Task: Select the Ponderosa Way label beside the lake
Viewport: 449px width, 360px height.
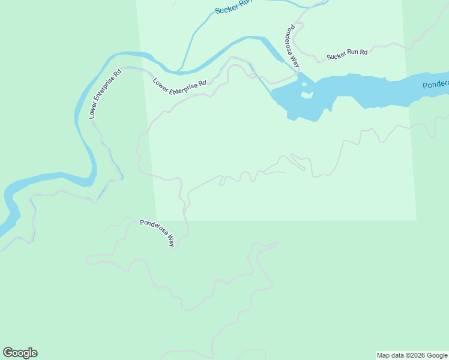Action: point(292,46)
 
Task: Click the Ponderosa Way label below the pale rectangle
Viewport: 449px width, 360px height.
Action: point(157,233)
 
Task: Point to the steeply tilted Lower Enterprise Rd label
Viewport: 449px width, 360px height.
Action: point(106,94)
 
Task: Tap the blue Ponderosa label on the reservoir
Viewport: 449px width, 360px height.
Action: point(435,85)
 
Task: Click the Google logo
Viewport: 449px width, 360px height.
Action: point(20,353)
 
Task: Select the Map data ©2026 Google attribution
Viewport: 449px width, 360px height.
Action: point(412,355)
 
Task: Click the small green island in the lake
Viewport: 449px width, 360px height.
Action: point(307,94)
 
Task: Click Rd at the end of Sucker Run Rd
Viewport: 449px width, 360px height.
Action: point(363,51)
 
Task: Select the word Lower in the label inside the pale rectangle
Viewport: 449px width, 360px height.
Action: point(161,82)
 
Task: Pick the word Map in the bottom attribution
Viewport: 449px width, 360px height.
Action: point(384,355)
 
